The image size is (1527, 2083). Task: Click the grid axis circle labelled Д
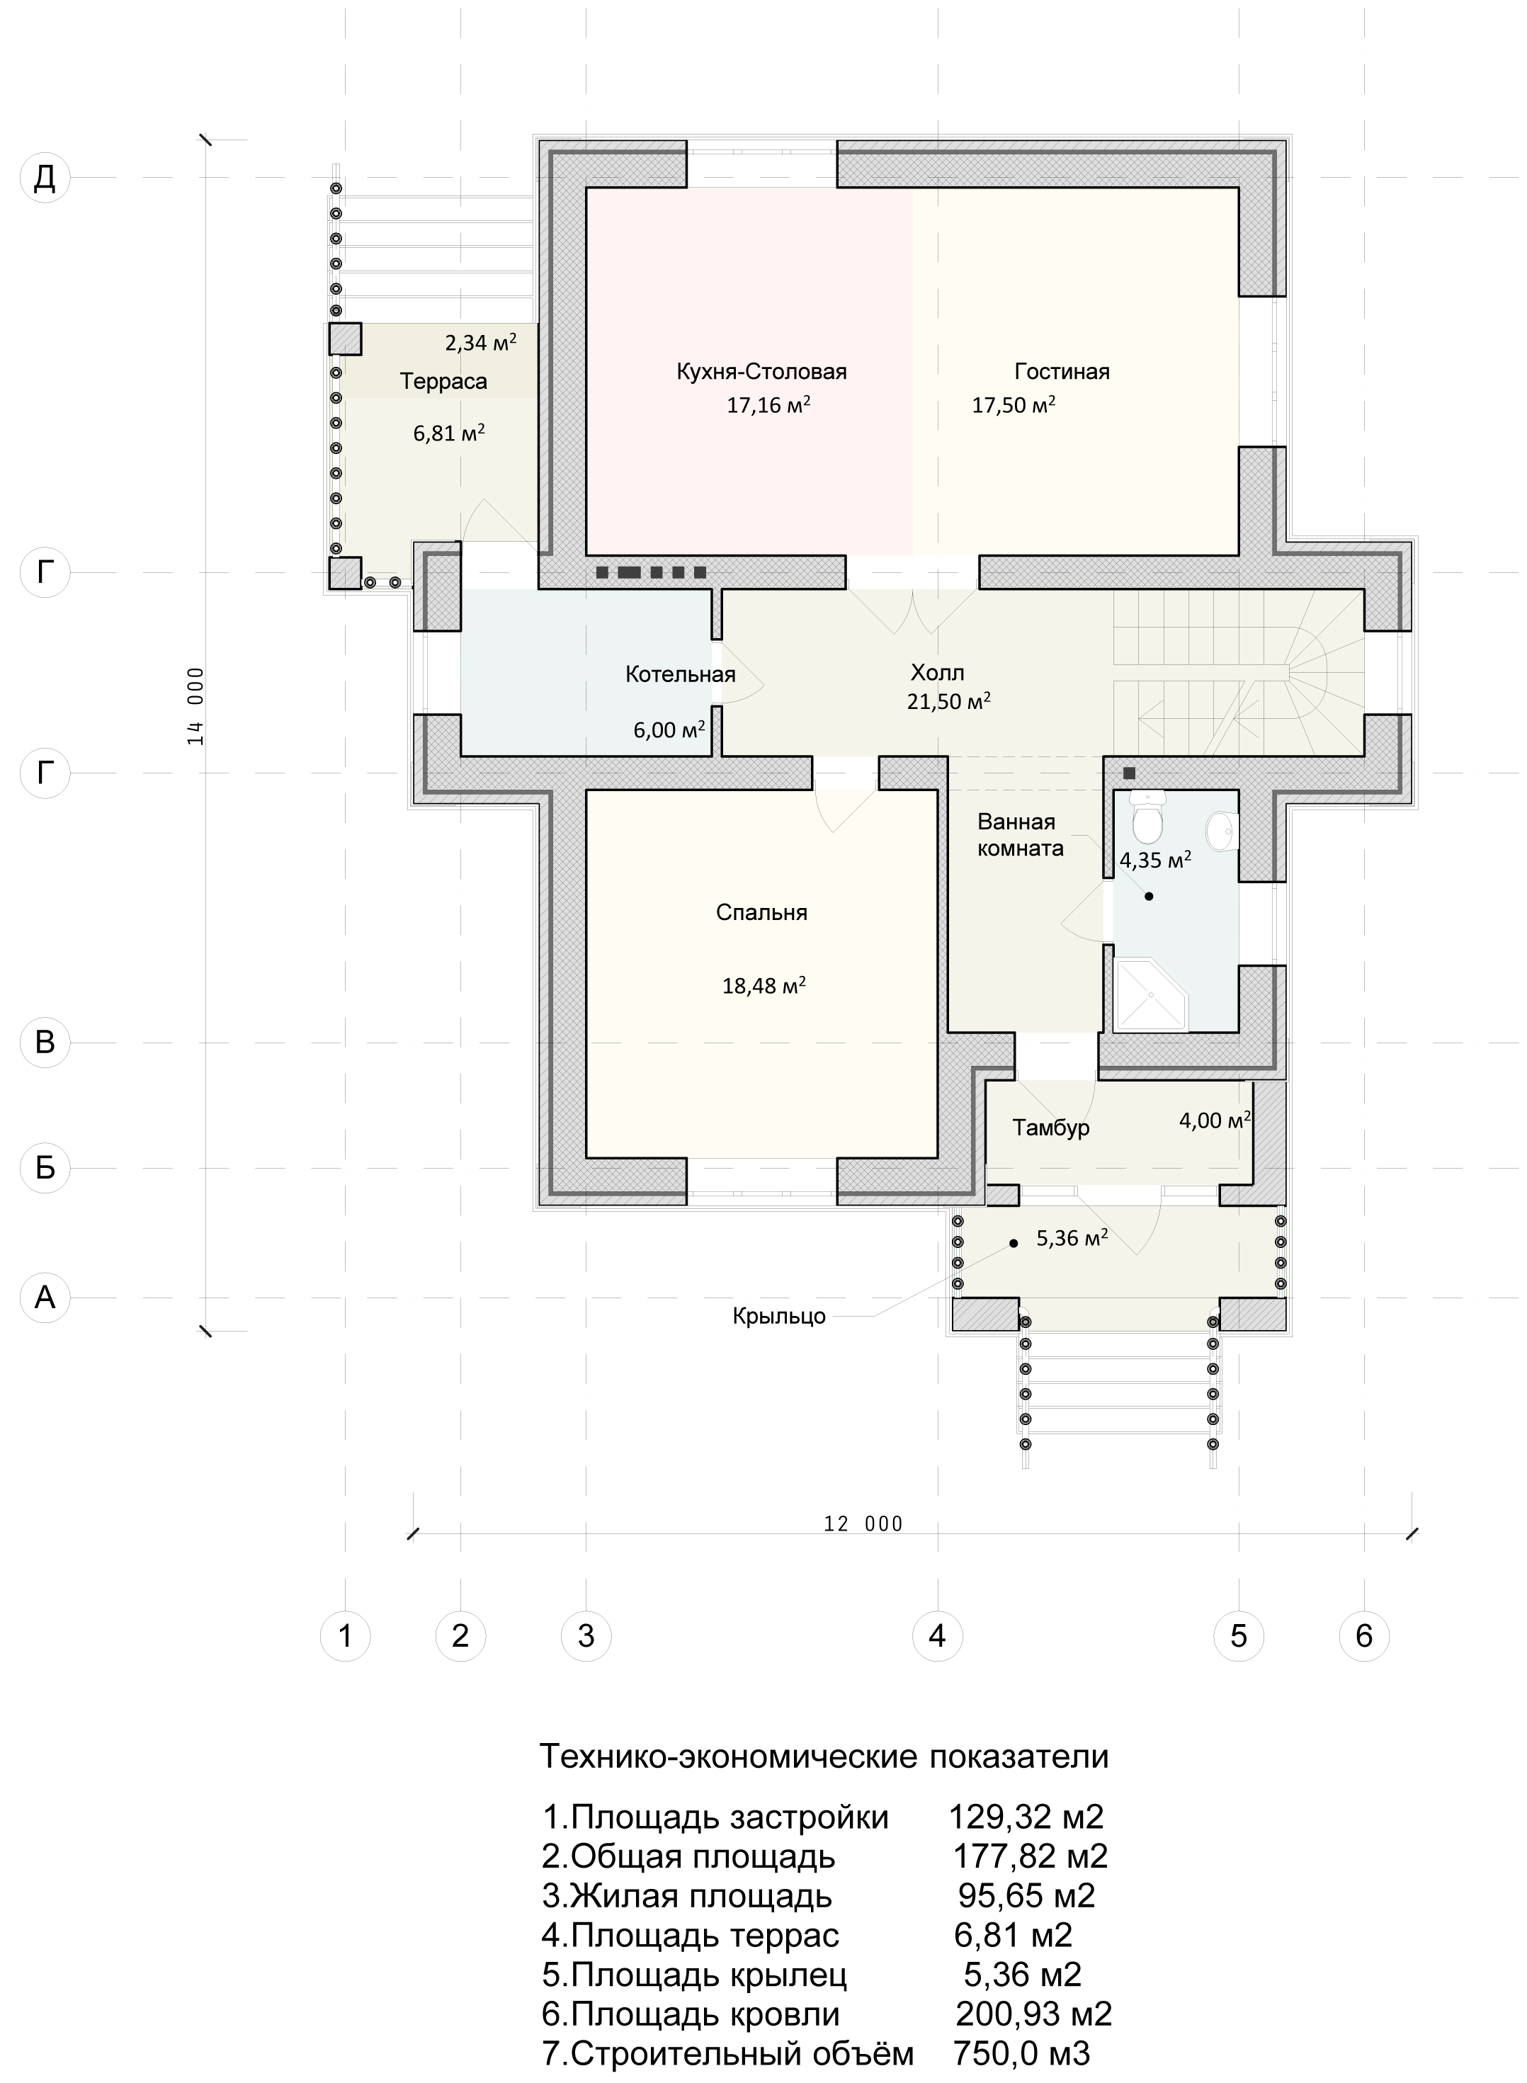45,178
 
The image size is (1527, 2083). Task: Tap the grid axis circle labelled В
45,1043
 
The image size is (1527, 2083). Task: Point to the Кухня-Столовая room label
761,373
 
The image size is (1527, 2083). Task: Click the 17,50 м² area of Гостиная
1014,404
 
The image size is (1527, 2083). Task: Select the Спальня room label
761,913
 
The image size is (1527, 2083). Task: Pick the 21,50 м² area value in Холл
949,701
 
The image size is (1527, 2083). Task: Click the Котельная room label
681,674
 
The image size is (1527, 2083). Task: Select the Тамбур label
1051,1128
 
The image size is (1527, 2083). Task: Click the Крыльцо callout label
779,1317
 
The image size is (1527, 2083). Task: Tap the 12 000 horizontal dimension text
863,1524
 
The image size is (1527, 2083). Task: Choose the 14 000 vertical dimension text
195,706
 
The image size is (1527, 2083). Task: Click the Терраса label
443,382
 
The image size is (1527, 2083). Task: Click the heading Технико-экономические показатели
824,1756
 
